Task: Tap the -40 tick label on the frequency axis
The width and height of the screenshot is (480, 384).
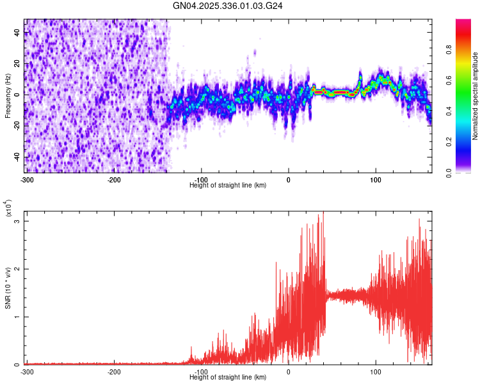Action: click(15, 157)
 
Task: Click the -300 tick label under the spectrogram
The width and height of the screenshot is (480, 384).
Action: click(27, 179)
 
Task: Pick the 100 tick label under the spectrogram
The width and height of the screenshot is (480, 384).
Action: click(376, 179)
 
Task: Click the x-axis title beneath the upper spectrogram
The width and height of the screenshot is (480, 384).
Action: click(228, 185)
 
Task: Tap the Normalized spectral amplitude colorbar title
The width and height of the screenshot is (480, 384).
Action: click(475, 97)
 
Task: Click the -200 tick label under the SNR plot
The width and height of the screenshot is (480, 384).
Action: click(114, 371)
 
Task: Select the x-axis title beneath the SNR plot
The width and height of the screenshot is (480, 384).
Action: click(228, 377)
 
